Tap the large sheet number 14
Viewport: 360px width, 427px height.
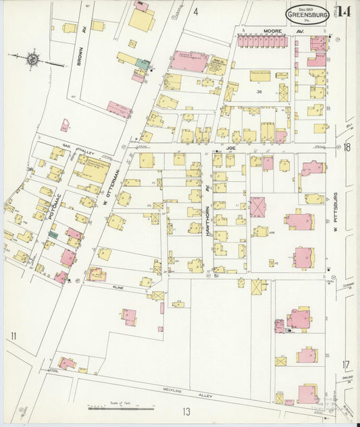click(x=344, y=11)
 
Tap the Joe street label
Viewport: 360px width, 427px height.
click(x=232, y=145)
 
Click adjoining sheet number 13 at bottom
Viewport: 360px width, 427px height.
click(x=185, y=411)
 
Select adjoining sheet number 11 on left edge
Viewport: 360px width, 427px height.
click(x=12, y=335)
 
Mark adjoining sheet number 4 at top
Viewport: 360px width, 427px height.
click(x=195, y=11)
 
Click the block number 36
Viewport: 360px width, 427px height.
click(x=259, y=91)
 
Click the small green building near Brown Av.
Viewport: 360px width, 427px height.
click(x=143, y=63)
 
